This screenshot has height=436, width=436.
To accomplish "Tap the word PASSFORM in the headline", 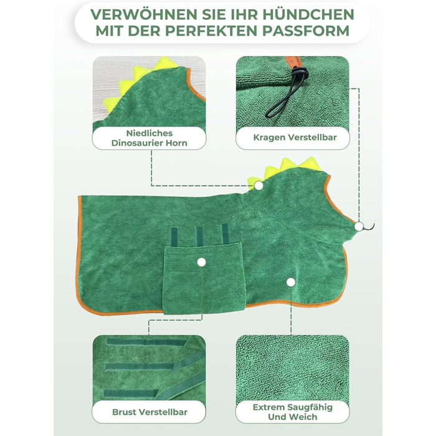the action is click(x=306, y=31).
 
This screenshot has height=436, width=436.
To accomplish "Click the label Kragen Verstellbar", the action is click(x=295, y=138).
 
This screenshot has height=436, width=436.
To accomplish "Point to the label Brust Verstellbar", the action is click(x=149, y=412).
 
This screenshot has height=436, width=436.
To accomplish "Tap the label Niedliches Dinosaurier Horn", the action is click(x=149, y=138).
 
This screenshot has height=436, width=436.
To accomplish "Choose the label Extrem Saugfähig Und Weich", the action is click(x=293, y=412).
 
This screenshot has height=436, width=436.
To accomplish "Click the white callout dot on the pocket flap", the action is click(x=201, y=262).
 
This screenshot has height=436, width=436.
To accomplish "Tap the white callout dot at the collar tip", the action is click(x=359, y=226).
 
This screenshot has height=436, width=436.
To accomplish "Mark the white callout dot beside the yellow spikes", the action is click(x=259, y=185).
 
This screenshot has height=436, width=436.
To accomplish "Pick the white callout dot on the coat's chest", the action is click(x=291, y=282).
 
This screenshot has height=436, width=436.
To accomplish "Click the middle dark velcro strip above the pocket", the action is click(x=199, y=237).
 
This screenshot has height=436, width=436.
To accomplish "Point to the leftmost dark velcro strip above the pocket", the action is click(x=174, y=237).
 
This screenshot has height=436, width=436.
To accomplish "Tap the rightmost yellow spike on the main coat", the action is click(x=310, y=163).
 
